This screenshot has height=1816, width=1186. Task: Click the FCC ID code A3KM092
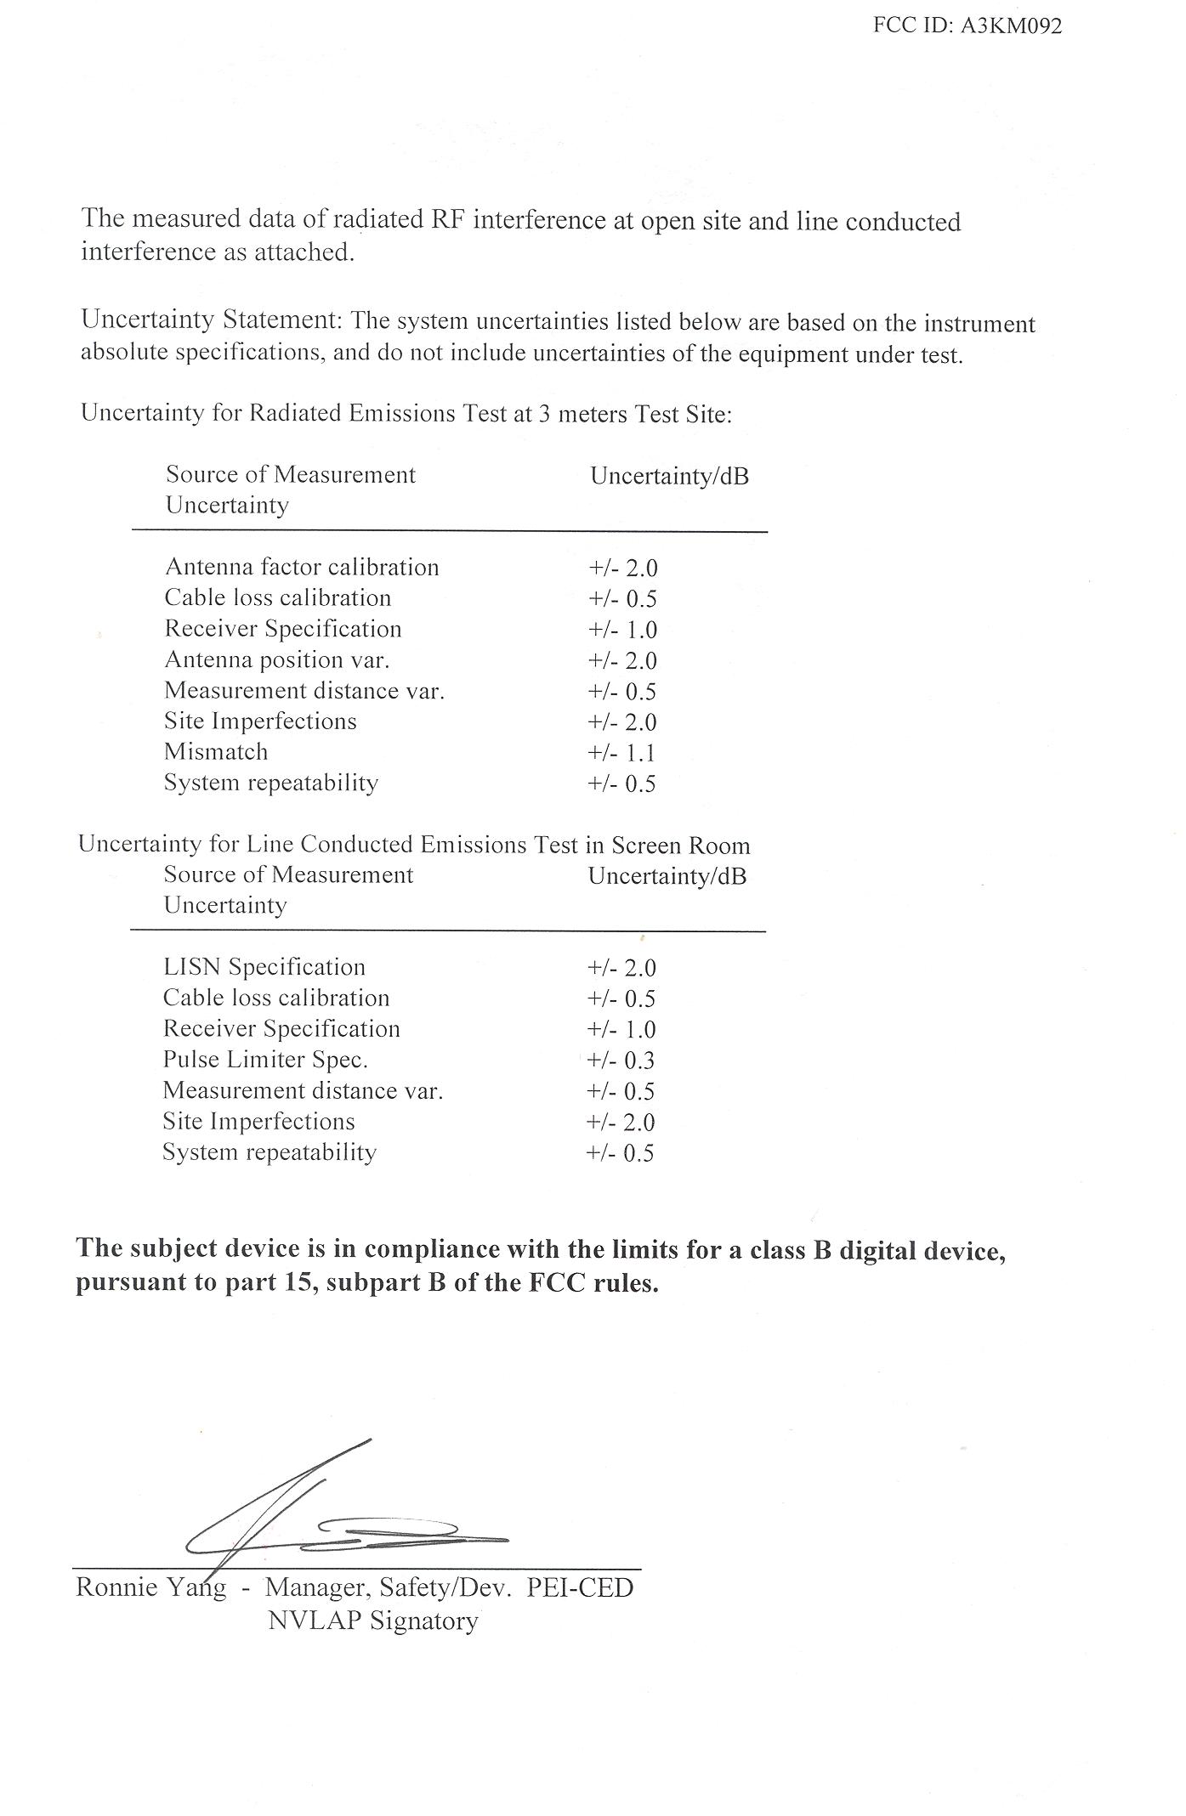click(x=1011, y=25)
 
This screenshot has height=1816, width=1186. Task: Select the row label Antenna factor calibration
click(x=302, y=567)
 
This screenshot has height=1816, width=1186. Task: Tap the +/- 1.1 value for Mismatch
click(x=621, y=753)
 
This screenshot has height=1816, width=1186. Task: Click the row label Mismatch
click(x=216, y=752)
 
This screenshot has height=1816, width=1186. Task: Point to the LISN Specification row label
click(x=264, y=967)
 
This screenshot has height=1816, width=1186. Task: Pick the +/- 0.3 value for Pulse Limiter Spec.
click(x=621, y=1061)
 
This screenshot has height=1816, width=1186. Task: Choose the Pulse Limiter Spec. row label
click(x=265, y=1060)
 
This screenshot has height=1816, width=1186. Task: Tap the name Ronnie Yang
click(x=151, y=1587)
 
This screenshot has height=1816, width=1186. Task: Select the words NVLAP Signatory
click(x=373, y=1621)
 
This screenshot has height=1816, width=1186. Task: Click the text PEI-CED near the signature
click(x=580, y=1587)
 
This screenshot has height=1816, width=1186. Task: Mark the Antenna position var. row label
click(x=277, y=659)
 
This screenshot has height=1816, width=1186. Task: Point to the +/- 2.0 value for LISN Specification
click(x=621, y=968)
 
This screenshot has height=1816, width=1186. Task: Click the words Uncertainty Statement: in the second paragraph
click(x=212, y=320)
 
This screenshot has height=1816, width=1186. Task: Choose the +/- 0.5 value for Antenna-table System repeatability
click(x=621, y=784)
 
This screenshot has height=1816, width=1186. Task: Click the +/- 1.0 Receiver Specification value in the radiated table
click(x=622, y=630)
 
